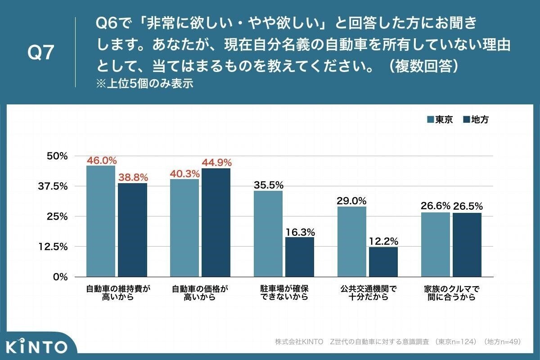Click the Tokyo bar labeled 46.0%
[x=101, y=221]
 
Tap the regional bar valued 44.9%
[x=216, y=222]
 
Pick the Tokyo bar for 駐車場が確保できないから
[x=268, y=234]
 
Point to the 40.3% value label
[x=184, y=173]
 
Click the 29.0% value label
[x=351, y=201]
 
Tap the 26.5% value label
[x=468, y=207]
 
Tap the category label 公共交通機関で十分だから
[x=368, y=292]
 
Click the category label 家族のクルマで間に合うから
[x=451, y=292]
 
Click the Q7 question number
[x=40, y=53]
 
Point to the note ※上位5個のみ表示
[x=144, y=84]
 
